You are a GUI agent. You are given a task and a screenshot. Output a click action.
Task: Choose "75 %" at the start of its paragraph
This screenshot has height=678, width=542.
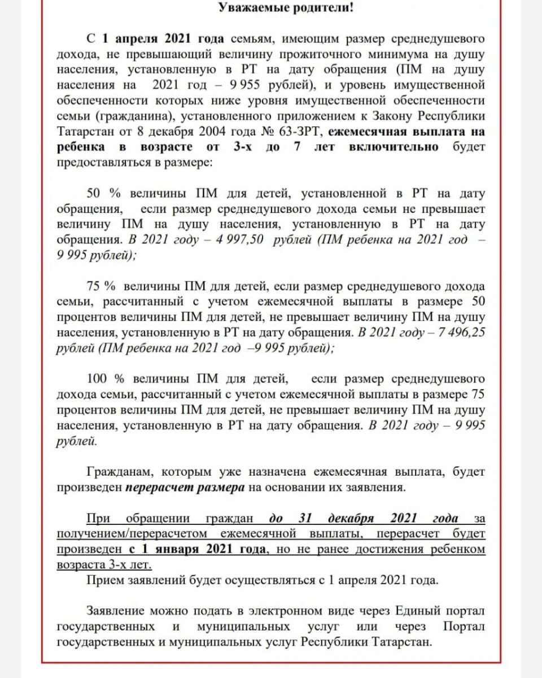pyautogui.click(x=102, y=285)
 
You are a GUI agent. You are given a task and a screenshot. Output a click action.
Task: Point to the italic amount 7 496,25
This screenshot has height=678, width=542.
pyautogui.click(x=458, y=332)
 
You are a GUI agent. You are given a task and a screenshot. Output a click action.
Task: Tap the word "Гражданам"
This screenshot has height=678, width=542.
pyautogui.click(x=115, y=471)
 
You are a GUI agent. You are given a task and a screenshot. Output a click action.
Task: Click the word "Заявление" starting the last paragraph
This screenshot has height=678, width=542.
pyautogui.click(x=115, y=611)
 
